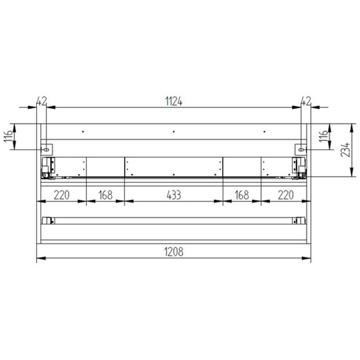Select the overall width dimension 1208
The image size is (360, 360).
click(x=174, y=253)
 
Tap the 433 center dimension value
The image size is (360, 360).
click(x=173, y=195)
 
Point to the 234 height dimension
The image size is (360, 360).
click(x=344, y=151)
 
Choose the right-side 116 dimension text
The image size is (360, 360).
click(x=323, y=137)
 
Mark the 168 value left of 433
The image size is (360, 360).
click(x=106, y=195)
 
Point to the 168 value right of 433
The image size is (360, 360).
click(x=242, y=195)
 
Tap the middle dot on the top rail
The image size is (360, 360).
click(x=173, y=131)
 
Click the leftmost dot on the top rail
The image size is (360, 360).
click(x=83, y=131)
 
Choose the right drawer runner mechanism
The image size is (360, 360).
click(x=298, y=167)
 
